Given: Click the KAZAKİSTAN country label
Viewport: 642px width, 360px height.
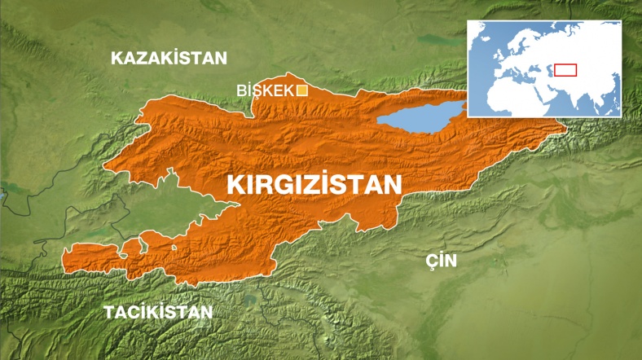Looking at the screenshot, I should [x=169, y=58].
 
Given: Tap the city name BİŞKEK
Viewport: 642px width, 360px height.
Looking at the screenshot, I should [x=265, y=90].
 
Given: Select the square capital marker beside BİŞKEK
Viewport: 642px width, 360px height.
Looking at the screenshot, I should [x=301, y=90].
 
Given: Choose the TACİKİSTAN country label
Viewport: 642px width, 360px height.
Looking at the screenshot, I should [x=158, y=312].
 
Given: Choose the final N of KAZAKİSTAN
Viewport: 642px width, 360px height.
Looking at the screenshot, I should [x=220, y=58].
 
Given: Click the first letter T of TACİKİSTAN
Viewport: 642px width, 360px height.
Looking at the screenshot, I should [x=109, y=312].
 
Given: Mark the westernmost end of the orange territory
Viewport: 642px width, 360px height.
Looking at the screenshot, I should [x=64, y=259].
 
